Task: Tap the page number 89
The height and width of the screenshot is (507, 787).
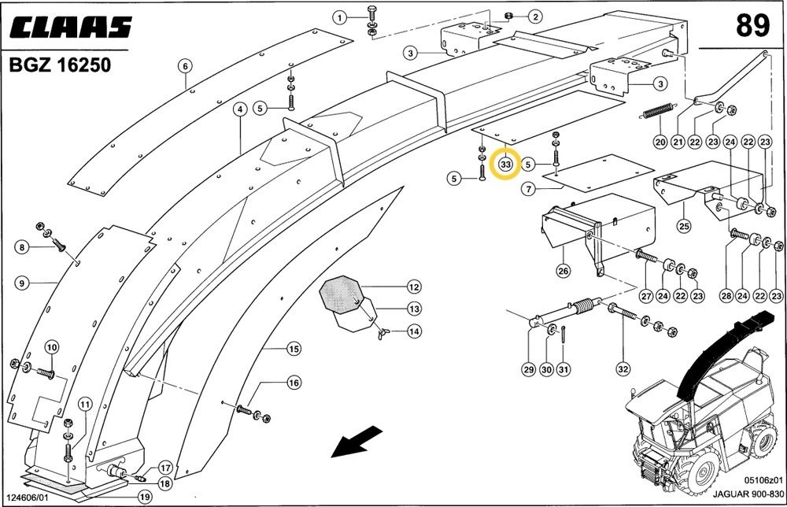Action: click(752, 26)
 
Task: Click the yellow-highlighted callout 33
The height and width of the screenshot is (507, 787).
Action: click(505, 165)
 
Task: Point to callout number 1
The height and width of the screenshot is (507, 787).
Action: click(339, 17)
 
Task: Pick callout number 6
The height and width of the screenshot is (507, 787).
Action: click(185, 65)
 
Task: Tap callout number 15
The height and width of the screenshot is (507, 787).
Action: click(294, 349)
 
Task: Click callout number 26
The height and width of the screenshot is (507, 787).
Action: click(563, 271)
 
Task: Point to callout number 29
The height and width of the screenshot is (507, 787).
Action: click(527, 370)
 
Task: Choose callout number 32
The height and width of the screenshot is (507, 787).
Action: click(623, 370)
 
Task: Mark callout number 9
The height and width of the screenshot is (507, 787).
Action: click(21, 282)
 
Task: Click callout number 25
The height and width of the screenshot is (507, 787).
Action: click(684, 228)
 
